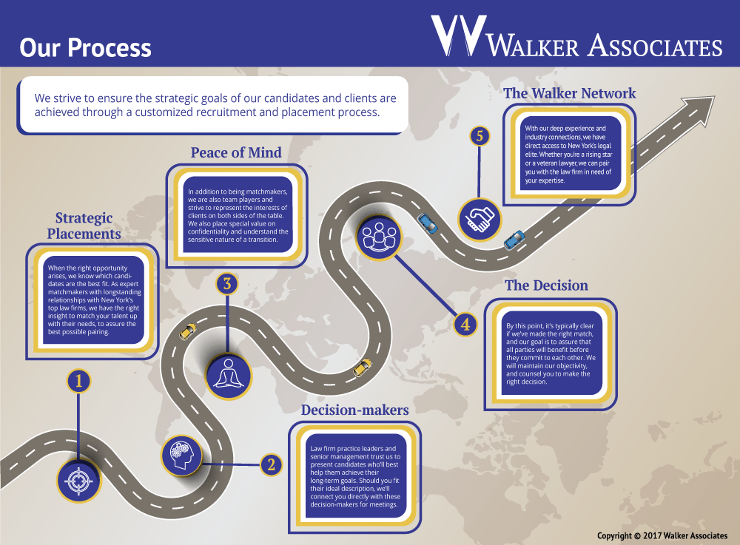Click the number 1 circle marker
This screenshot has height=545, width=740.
[78, 381]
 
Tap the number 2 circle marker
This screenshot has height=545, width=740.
[271, 464]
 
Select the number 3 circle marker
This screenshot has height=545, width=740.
[227, 283]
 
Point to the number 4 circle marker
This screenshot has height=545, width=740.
[464, 323]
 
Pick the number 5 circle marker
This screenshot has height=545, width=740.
[480, 136]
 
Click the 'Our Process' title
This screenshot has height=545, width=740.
[85, 48]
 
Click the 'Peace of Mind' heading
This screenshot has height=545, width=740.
[236, 152]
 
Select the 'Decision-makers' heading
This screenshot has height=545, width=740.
[354, 410]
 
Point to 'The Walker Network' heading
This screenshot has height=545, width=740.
[569, 93]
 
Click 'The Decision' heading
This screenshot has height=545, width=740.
[546, 285]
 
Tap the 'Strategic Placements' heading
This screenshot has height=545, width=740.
[84, 226]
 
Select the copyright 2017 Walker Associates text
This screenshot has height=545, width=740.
[662, 535]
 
